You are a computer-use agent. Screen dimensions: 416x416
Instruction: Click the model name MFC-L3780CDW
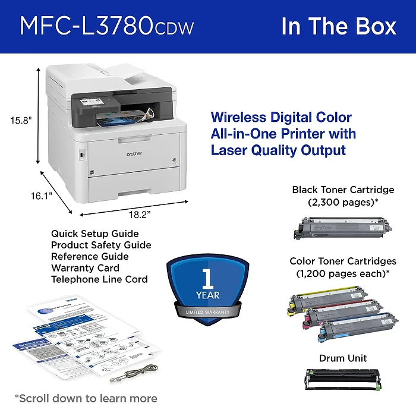[x=107, y=26]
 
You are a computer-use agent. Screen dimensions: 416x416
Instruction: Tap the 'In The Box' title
[x=339, y=26]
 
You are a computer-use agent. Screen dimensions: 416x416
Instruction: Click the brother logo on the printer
[x=134, y=153]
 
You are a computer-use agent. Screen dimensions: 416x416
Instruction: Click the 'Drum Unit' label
[x=343, y=358]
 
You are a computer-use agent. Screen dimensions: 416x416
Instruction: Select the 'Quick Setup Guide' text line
[x=94, y=234]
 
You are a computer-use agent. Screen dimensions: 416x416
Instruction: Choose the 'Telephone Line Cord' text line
[x=99, y=279]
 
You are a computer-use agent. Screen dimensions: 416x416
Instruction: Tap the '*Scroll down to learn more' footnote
[x=86, y=398]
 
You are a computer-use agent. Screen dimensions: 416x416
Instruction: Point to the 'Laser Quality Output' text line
[x=278, y=150]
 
